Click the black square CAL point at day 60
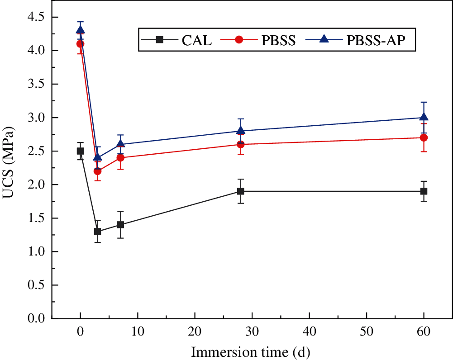coord(424,191)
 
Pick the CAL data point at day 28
coord(241,191)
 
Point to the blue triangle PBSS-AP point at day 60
coord(424,117)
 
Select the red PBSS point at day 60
coord(424,137)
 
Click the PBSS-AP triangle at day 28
coord(241,130)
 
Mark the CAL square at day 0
coord(81,151)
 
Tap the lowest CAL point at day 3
coord(98,231)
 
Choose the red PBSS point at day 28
coord(241,144)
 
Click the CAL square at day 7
coord(120,224)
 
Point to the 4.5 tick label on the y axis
coord(36,17)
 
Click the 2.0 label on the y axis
coord(36,185)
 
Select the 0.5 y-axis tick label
coord(36,285)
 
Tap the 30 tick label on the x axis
coord(252,332)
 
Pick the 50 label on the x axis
coord(367,332)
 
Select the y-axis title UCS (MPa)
coord(10,167)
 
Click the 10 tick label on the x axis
coord(138,332)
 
